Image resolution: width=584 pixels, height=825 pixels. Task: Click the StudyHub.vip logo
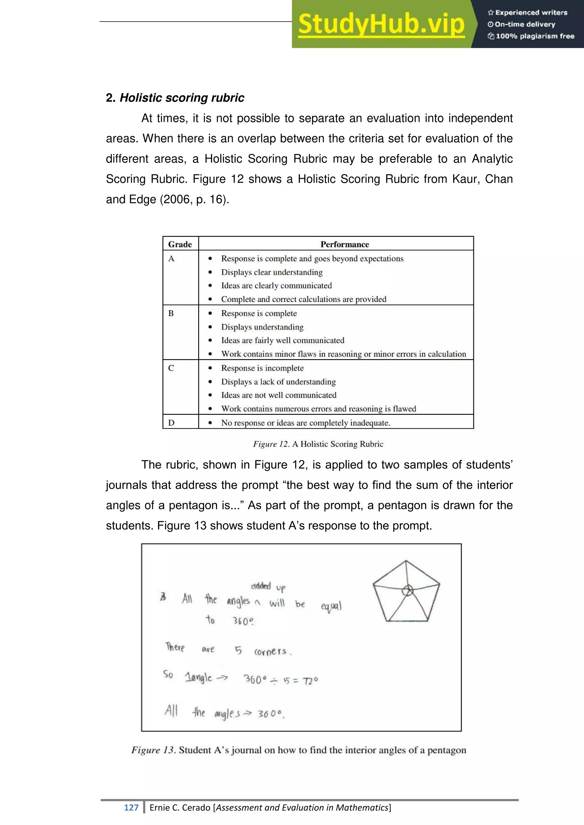point(381,24)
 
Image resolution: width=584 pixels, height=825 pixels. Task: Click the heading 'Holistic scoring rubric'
point(182,98)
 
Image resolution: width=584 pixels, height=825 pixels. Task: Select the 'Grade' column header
point(180,244)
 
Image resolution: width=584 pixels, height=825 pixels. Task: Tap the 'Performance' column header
point(344,244)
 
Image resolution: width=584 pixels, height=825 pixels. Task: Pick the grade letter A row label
point(171,259)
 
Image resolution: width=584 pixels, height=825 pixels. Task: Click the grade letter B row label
point(171,313)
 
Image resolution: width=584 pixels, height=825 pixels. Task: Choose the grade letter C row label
point(171,368)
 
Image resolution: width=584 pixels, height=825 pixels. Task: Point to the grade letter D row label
point(171,423)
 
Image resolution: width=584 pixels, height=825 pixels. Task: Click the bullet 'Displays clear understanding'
point(271,272)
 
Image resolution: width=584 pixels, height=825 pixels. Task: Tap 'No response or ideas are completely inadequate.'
point(305,423)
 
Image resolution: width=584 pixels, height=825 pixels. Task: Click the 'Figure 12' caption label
point(271,444)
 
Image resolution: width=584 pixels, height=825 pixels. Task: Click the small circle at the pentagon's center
point(407,590)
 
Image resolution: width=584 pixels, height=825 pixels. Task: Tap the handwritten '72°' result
point(310,681)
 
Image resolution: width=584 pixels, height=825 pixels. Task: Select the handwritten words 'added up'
point(268,587)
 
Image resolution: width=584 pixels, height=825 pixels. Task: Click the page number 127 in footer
point(131,807)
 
